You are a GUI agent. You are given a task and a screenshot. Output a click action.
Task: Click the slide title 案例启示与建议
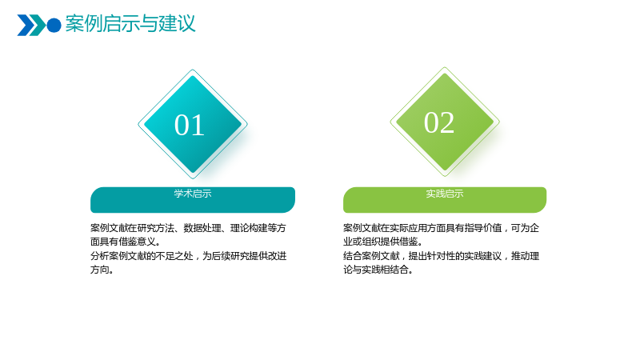[x=130, y=23]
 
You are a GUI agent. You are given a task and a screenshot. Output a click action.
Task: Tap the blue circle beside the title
[x=54, y=26]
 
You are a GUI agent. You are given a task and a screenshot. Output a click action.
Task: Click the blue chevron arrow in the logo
[x=25, y=26]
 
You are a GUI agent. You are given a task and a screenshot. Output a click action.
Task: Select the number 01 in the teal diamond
[x=190, y=125]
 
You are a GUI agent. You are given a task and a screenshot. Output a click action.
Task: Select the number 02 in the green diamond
[x=439, y=122]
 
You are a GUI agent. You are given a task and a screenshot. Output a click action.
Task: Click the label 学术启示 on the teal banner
[x=193, y=194]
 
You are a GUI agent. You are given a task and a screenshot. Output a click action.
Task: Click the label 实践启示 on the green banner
[x=445, y=194]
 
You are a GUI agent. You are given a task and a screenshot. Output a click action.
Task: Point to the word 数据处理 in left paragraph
[x=202, y=228]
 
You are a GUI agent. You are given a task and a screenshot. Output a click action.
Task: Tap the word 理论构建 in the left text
[x=249, y=228]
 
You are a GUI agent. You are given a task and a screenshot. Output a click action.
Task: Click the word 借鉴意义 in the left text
[x=137, y=242]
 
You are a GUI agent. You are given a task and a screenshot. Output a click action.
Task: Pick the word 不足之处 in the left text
[x=174, y=256]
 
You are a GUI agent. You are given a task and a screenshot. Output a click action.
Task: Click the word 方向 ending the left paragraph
[x=99, y=270]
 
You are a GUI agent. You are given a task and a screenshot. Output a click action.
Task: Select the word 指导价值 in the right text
[x=483, y=228]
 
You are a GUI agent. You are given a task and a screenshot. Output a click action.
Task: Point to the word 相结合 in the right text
[x=394, y=270]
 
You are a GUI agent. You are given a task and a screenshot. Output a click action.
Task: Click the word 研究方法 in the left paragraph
[x=155, y=228]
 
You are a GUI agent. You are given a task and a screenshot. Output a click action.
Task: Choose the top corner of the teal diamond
[x=193, y=70]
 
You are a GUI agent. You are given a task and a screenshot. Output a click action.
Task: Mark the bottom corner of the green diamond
[x=445, y=176]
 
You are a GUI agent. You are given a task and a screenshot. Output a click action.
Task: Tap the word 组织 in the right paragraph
[x=371, y=242]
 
